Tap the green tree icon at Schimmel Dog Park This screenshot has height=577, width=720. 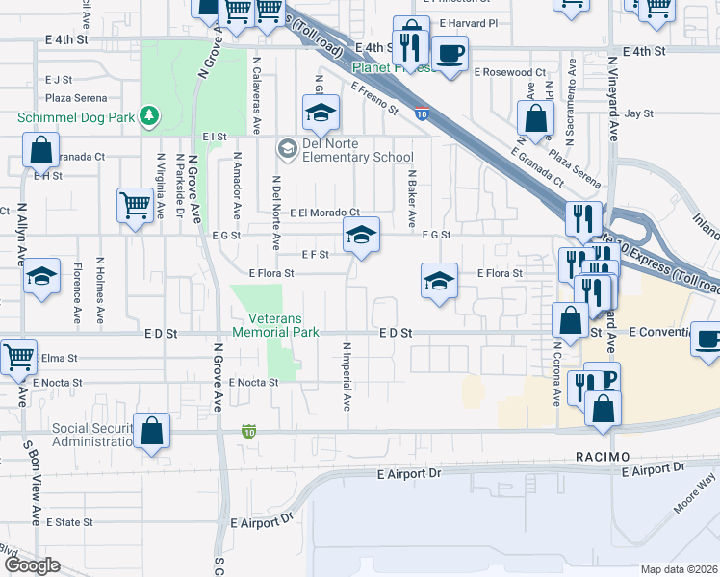coord(149,116)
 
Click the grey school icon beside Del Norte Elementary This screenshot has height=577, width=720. coord(287,148)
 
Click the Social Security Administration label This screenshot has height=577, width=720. coord(67,436)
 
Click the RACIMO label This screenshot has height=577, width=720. coord(603,455)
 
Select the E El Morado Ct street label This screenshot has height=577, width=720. coord(324,213)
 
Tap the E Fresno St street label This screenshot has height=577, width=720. coord(374,97)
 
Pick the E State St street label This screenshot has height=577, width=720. coord(69,522)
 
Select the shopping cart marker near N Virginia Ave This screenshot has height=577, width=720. coord(136,205)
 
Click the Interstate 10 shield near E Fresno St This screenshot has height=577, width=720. coord(422,113)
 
